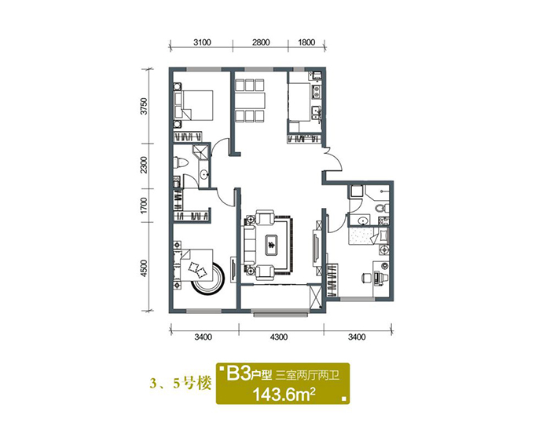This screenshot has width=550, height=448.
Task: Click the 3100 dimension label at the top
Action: click(x=202, y=42)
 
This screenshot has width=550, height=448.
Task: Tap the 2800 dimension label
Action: click(x=261, y=42)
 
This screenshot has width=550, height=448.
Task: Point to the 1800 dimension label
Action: click(x=306, y=42)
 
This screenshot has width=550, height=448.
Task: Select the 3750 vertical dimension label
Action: click(x=143, y=106)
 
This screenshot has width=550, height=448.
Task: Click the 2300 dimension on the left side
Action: click(x=143, y=165)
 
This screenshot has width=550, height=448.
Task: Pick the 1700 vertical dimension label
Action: click(x=143, y=206)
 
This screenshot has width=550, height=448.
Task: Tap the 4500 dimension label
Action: click(x=143, y=268)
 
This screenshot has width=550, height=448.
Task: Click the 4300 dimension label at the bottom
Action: click(x=279, y=337)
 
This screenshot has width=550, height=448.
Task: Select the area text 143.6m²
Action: click(x=284, y=395)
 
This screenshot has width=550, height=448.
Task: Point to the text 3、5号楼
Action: click(x=181, y=384)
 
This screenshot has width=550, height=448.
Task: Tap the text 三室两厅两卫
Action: click(x=308, y=376)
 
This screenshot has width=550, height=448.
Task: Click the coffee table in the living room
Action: click(x=271, y=244)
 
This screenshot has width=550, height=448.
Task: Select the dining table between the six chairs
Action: click(x=250, y=100)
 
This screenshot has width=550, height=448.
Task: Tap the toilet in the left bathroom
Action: click(x=181, y=162)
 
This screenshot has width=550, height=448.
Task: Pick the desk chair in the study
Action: click(x=366, y=278)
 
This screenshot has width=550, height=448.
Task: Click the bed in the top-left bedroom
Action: click(x=193, y=105)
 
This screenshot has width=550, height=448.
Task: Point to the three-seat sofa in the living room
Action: click(x=249, y=244)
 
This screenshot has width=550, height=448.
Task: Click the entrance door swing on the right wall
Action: click(x=334, y=160)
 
